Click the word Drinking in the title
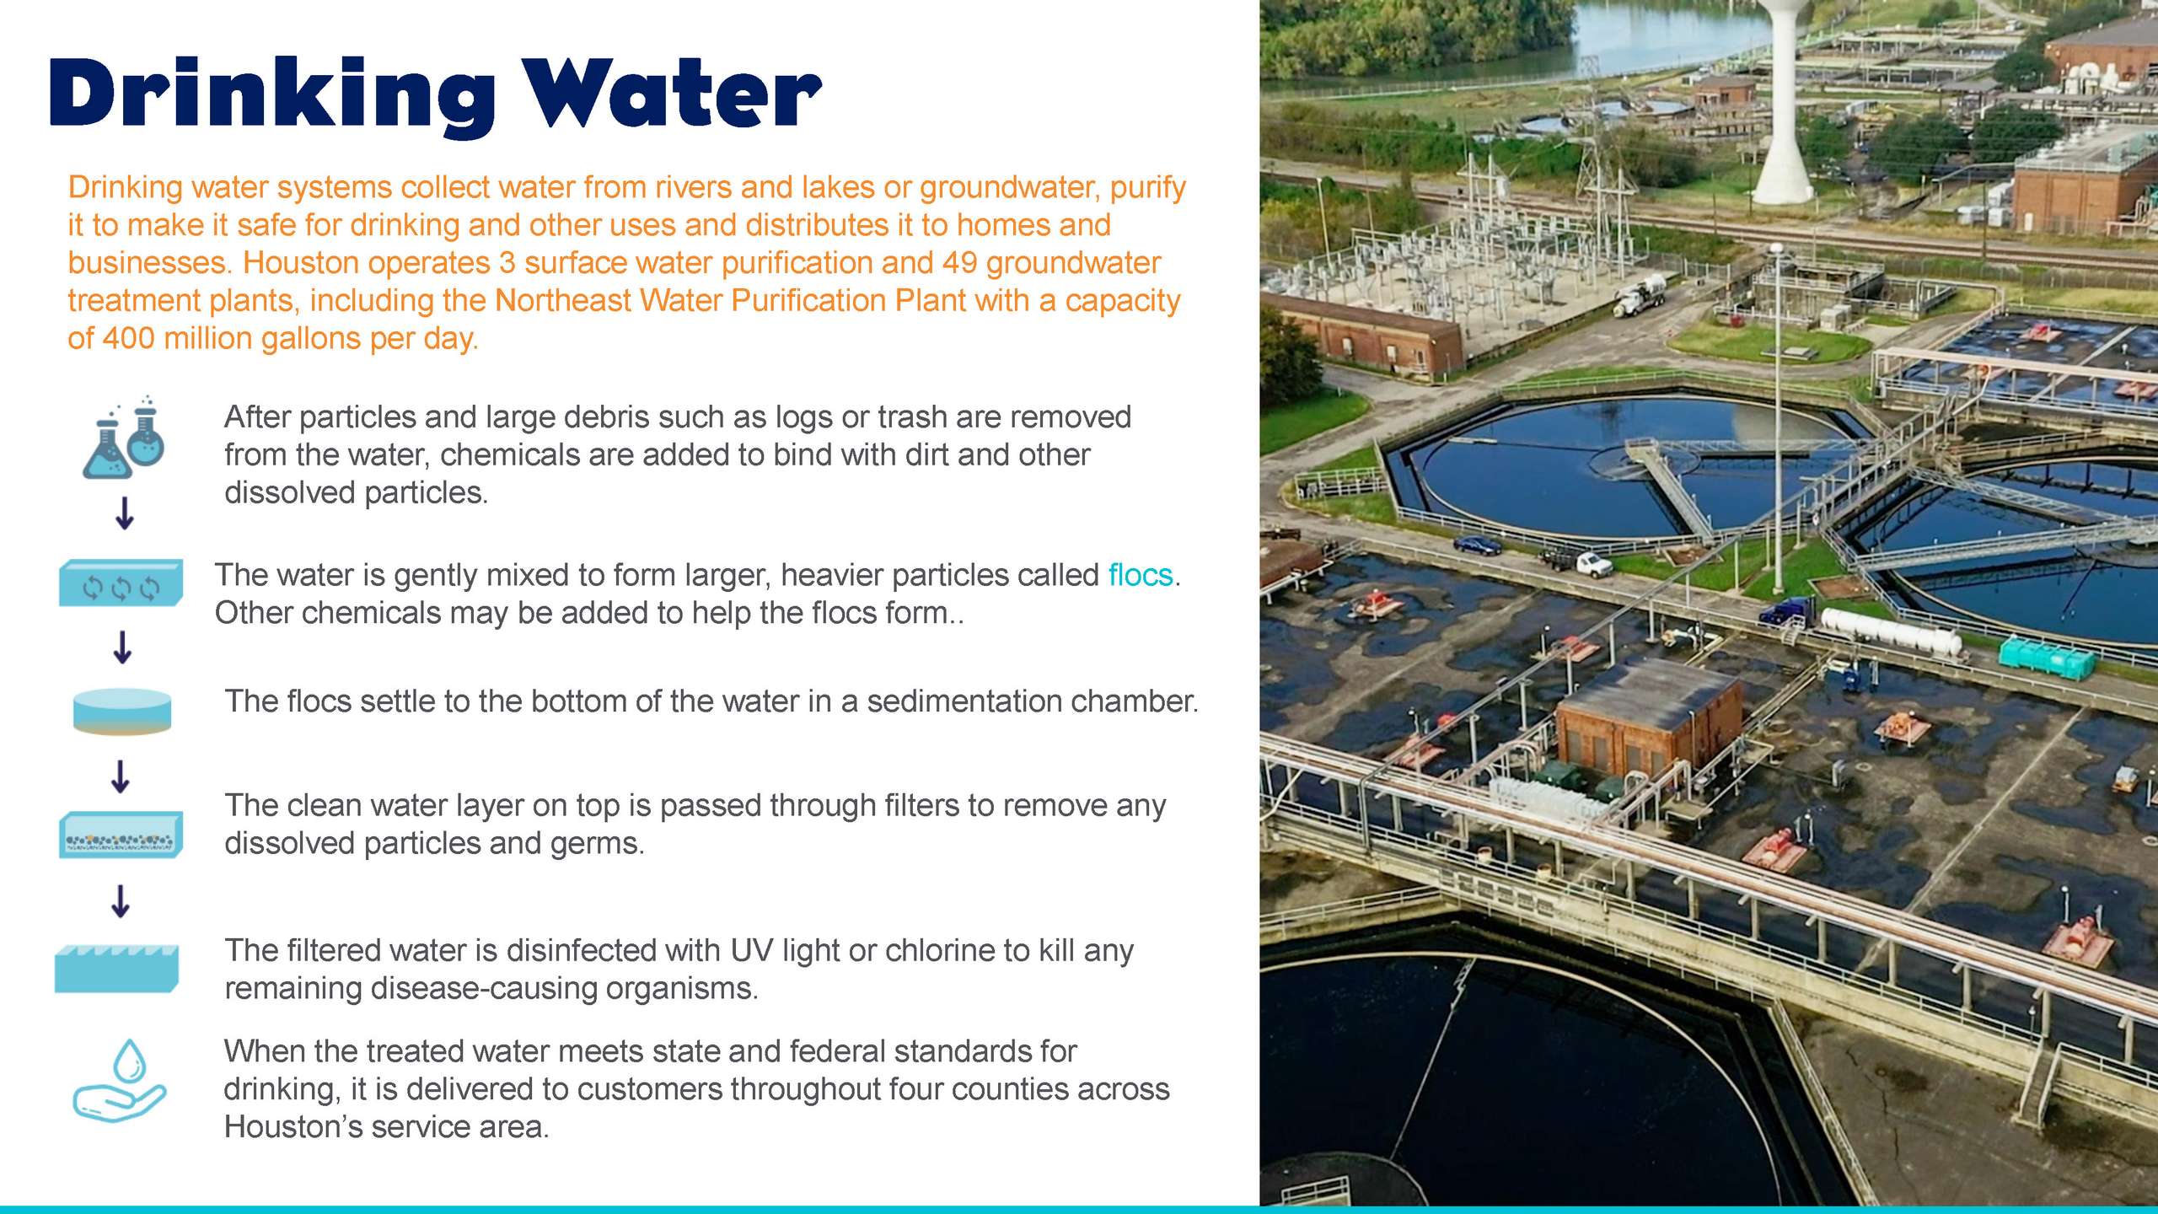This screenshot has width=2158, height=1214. (272, 96)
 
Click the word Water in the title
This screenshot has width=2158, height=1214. (671, 93)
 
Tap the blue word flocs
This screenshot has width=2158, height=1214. (1140, 575)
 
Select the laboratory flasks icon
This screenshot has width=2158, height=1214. (124, 438)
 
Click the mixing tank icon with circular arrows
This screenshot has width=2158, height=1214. (121, 583)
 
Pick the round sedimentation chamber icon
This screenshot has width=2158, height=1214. (122, 712)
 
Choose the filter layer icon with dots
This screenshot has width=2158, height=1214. (121, 835)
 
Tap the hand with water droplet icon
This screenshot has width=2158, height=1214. (120, 1081)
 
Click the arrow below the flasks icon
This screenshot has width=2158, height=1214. (125, 513)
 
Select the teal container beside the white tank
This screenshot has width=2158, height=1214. (2047, 658)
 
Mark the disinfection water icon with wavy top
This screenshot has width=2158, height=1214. (117, 968)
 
